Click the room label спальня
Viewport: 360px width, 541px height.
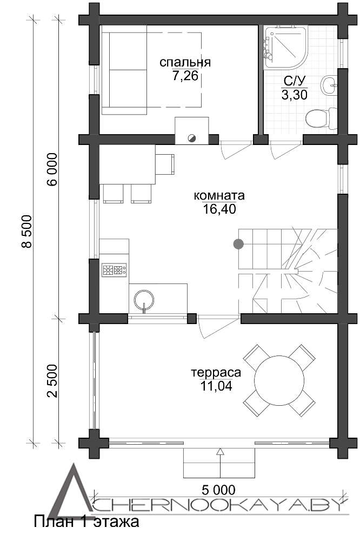click(185, 62)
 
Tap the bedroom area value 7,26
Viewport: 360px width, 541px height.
click(185, 76)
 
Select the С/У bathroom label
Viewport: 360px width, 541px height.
click(295, 82)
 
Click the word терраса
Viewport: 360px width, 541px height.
click(216, 373)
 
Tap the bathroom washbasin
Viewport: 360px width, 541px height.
click(329, 84)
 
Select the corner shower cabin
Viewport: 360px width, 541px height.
click(285, 47)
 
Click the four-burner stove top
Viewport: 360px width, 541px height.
click(114, 269)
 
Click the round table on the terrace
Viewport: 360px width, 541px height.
click(279, 380)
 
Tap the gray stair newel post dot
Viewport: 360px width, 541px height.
click(238, 244)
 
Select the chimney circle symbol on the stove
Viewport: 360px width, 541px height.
click(192, 138)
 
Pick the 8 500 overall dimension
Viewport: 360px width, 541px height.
click(26, 231)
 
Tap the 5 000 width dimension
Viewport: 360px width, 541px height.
click(218, 490)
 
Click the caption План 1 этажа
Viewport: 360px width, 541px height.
click(86, 522)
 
